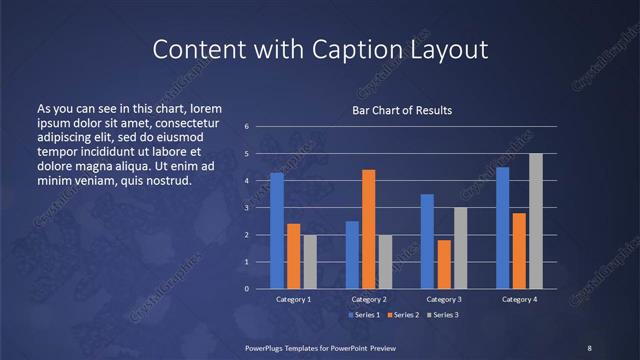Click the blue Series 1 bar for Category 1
coord(277,231)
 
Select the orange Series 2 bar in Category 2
coord(369,229)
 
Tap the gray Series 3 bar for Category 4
coord(536,221)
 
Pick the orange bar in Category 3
coord(444,264)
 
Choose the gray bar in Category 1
coord(310,262)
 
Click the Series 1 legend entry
coord(364,315)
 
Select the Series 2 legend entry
coord(403,315)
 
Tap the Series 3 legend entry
coord(443,315)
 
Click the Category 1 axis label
coord(293,299)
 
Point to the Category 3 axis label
coord(444,299)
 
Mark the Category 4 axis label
coord(519,299)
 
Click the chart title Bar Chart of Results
coord(402,110)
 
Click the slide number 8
coord(590,347)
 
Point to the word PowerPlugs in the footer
coord(267,347)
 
